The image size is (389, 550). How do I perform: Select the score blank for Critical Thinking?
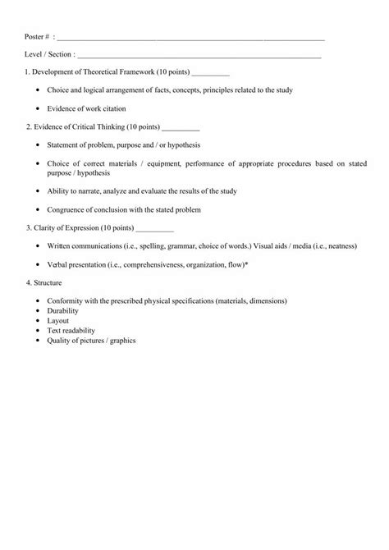tap(181, 129)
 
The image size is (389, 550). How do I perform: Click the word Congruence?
tap(66, 209)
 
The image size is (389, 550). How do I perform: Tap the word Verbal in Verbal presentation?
tap(58, 265)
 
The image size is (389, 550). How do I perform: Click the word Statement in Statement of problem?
tap(64, 145)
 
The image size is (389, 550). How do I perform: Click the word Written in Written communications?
tap(60, 245)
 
